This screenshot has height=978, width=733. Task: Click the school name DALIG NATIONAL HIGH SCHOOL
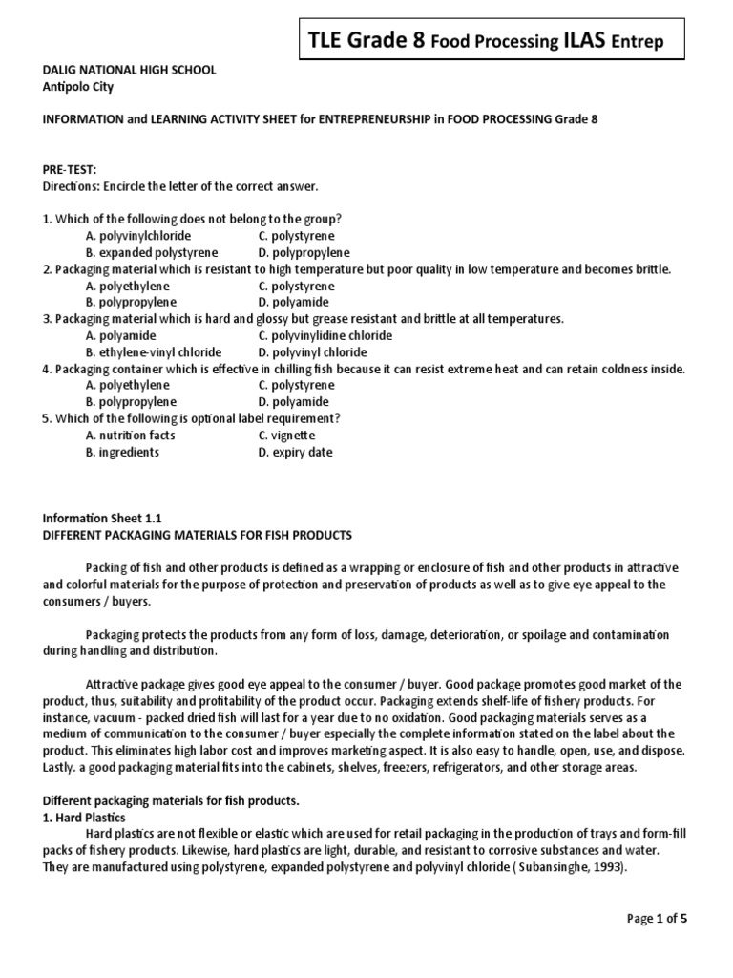(129, 70)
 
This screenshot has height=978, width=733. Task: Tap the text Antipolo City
(77, 86)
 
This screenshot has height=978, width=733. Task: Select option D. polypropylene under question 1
(304, 252)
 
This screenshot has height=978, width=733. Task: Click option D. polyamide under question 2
(292, 302)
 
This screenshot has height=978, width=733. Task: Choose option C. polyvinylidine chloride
(325, 335)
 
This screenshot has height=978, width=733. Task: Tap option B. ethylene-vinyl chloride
(153, 352)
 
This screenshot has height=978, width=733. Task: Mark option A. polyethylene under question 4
(128, 385)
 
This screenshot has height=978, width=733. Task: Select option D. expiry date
(295, 452)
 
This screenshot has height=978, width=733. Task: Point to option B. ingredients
(122, 452)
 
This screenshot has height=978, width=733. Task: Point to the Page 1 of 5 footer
(657, 919)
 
